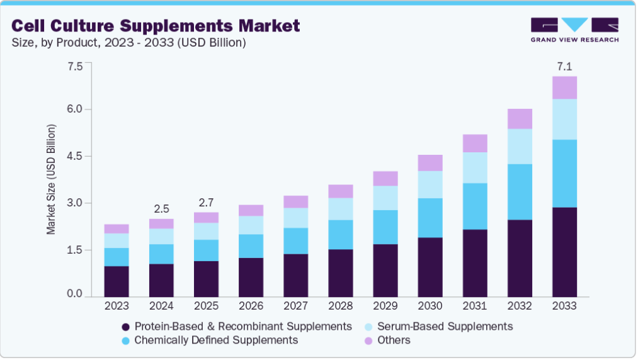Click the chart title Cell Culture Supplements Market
pos(156,26)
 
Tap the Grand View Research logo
pos(574,30)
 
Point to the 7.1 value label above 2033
pos(564,66)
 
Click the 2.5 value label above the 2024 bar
pos(161,208)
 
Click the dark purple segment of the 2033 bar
pos(564,252)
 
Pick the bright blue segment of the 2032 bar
pos(520,192)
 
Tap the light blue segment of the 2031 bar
pos(475,167)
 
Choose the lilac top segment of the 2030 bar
pos(430,163)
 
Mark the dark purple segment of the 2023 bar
pos(117,281)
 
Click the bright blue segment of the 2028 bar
pos(340,235)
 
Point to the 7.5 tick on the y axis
pos(74,66)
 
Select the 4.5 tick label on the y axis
pos(74,156)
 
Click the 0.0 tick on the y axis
pos(74,293)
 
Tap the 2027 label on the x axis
pos(295,306)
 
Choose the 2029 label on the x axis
pos(385,306)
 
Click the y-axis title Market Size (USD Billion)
pos(51,179)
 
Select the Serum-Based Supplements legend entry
pos(445,326)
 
